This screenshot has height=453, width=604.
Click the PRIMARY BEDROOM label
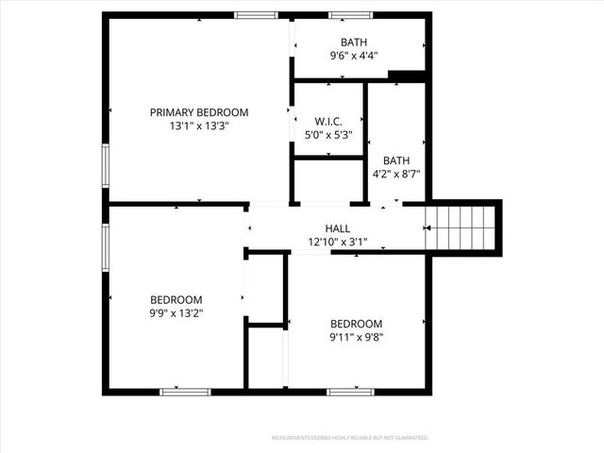(x=199, y=112)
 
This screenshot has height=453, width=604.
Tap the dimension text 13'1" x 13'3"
(x=199, y=126)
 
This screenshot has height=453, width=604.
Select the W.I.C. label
(x=328, y=121)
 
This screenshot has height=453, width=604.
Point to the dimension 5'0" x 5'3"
(x=328, y=135)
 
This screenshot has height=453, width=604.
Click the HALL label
(x=338, y=228)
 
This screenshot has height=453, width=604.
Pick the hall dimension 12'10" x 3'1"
(x=338, y=242)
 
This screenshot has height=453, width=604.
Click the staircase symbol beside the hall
(x=462, y=227)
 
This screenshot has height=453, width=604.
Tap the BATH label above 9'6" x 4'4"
(x=354, y=42)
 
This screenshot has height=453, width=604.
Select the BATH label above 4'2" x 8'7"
(x=396, y=160)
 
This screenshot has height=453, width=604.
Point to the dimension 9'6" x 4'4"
(x=354, y=56)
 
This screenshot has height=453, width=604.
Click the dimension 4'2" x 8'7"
(x=396, y=174)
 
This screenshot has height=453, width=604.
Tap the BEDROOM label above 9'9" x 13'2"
(x=177, y=299)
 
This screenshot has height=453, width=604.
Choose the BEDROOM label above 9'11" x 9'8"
(x=356, y=324)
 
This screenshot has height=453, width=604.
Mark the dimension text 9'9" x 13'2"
(x=177, y=312)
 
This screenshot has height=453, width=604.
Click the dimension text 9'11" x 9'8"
(x=356, y=337)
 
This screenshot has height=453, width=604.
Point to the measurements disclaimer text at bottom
(x=349, y=438)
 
